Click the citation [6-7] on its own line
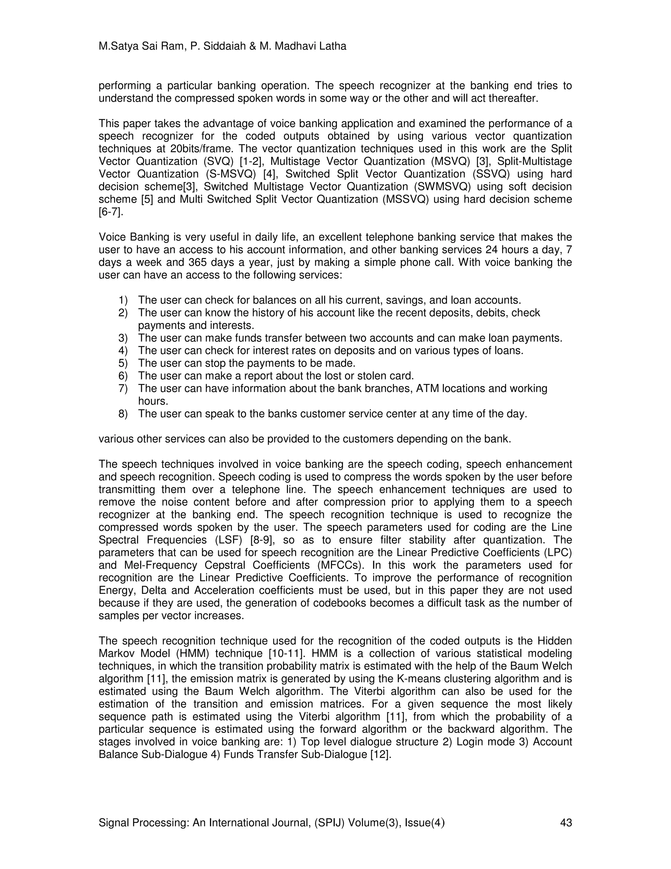coord(111,212)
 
